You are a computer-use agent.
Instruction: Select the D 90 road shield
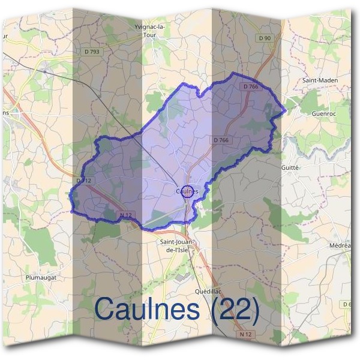[265, 38]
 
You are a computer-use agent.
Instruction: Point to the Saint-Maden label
[319, 80]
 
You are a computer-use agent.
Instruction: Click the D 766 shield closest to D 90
[251, 87]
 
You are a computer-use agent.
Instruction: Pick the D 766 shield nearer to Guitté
[221, 140]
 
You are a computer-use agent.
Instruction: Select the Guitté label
[290, 168]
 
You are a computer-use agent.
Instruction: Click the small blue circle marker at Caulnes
[187, 191]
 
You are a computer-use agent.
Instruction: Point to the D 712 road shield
[83, 180]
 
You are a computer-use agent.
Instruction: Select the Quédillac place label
[209, 291]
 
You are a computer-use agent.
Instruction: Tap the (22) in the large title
[235, 310]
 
